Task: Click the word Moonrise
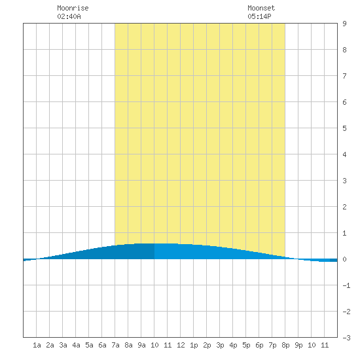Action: point(73,8)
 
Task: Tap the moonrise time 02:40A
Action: point(69,16)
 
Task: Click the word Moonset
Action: point(261,8)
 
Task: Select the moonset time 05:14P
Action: point(259,16)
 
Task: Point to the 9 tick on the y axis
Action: point(344,24)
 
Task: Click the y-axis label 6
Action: point(344,102)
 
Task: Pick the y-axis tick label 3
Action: point(344,181)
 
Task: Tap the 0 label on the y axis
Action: point(344,259)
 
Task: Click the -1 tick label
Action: point(346,285)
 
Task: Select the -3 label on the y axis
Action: point(346,338)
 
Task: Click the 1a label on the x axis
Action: point(37,345)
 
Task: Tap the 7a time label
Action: point(115,345)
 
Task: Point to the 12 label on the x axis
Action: point(181,345)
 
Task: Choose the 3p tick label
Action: point(220,345)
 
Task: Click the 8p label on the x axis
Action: point(285,345)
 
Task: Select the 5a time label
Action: point(89,345)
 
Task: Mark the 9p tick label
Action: point(298,345)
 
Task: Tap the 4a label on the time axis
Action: point(76,345)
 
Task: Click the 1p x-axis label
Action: point(194,345)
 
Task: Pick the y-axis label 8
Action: point(344,50)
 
